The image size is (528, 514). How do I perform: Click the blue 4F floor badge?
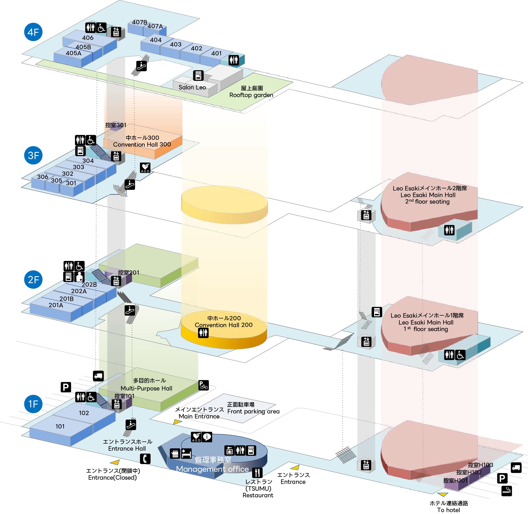pos(33,32)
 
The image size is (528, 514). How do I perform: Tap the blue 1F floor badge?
pos(33,404)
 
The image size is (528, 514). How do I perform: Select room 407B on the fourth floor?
pos(139,22)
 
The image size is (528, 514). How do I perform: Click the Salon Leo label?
pos(192,87)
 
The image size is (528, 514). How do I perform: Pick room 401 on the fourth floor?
pos(216,54)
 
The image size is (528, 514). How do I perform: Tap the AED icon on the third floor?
pos(145,168)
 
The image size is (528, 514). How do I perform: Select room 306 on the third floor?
pos(43,177)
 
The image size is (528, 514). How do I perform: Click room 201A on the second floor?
pos(56,305)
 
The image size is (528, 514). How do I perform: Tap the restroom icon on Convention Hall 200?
pos(203,333)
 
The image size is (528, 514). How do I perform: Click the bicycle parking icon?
pos(203,385)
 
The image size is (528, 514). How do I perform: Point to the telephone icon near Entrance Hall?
pos(145,459)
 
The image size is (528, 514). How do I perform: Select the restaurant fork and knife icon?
pos(257,473)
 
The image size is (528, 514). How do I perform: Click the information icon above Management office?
pos(207,436)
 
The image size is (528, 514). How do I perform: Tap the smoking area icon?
pos(507,491)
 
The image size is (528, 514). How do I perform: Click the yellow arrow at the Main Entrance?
pos(177,422)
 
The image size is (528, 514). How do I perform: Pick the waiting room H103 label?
pos(480,465)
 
